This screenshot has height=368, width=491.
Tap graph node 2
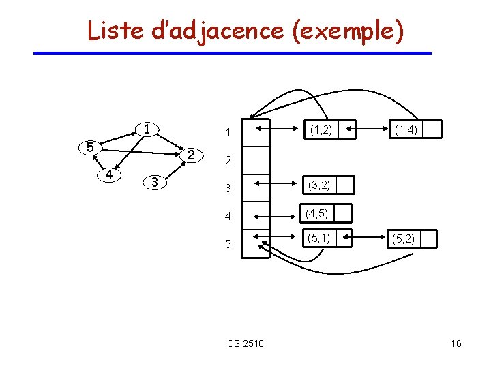192,155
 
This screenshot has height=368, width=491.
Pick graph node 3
155,182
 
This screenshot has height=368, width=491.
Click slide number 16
456,343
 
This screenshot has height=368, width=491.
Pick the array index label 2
228,162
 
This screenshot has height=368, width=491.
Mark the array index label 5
228,243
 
